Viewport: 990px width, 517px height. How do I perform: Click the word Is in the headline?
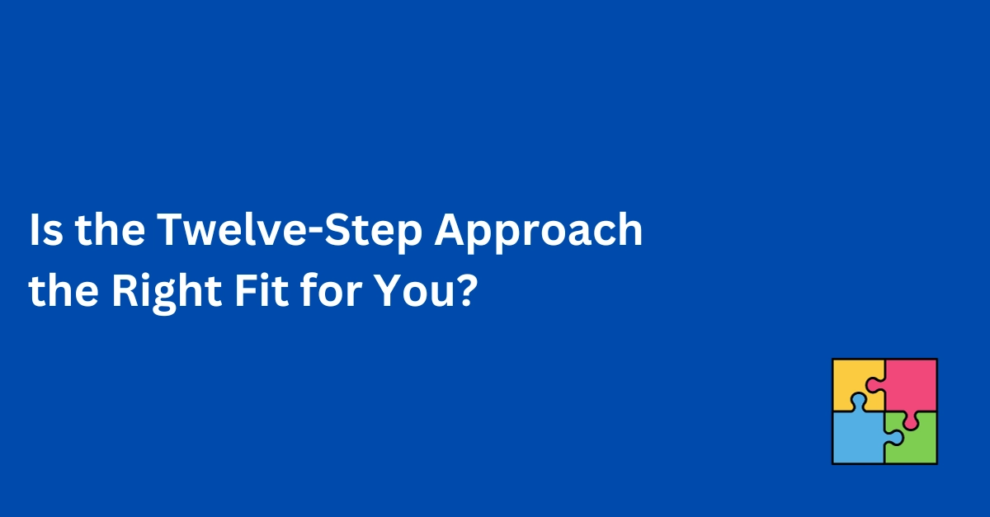click(46, 230)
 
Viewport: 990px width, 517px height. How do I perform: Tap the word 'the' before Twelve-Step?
click(110, 229)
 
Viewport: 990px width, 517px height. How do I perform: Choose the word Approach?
click(538, 233)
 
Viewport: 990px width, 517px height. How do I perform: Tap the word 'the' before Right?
click(64, 290)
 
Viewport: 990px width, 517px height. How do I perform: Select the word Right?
click(167, 294)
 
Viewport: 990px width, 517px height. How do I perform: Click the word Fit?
click(262, 290)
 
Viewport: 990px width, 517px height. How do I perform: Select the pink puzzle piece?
click(912, 383)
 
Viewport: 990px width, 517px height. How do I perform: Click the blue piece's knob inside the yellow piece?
click(858, 402)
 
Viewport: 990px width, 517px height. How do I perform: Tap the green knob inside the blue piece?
click(894, 438)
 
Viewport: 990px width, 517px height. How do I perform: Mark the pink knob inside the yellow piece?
click(875, 384)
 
